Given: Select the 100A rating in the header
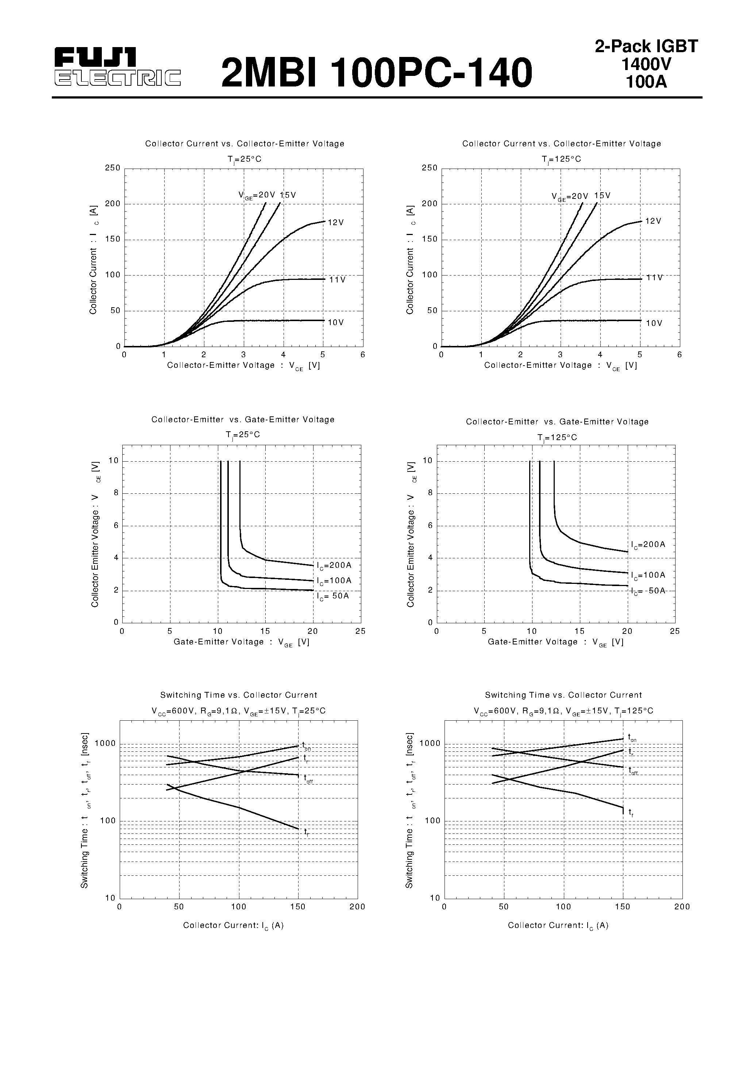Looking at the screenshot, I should click(646, 82).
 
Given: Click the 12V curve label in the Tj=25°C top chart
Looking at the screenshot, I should click(336, 223).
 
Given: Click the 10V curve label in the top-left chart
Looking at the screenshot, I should click(336, 323).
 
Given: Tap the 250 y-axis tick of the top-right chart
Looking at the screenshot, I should click(430, 168).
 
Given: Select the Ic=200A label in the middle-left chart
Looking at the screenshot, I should click(334, 566).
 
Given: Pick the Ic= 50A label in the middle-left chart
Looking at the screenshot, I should click(333, 596).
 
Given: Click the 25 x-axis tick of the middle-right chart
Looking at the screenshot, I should click(674, 631).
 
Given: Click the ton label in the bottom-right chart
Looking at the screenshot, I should click(632, 737).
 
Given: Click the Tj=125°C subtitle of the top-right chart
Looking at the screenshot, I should click(561, 159).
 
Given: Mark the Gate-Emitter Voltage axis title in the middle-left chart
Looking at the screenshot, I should click(241, 642).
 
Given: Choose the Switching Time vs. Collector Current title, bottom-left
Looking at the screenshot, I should click(238, 695).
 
